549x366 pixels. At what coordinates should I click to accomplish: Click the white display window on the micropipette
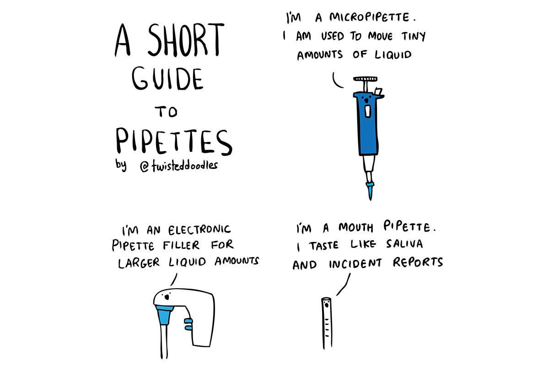(368, 111)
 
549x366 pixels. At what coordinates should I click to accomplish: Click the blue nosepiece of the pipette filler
(163, 315)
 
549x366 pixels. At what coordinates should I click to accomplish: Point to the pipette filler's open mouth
(167, 297)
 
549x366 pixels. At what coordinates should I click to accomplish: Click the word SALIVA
(403, 245)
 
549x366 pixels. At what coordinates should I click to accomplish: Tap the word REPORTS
(418, 263)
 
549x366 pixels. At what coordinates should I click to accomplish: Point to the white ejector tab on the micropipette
(378, 91)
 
